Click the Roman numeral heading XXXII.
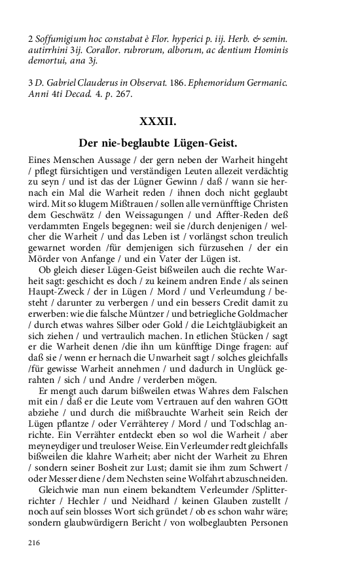(158, 121)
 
